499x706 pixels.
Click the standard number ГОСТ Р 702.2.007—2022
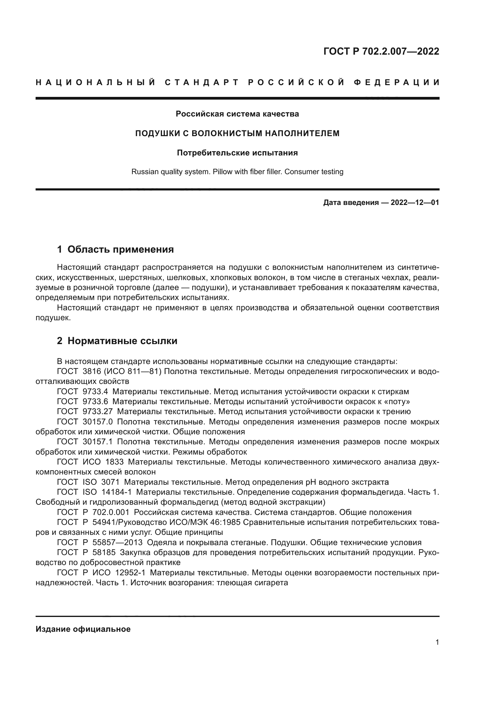381,51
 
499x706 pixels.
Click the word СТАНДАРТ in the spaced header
202,82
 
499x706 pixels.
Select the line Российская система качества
237,114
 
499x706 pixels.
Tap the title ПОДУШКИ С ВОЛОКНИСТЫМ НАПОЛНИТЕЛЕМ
237,133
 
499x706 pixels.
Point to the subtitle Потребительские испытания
237,153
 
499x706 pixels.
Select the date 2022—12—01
415,203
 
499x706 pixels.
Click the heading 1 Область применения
115,249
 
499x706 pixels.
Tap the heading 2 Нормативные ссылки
117,341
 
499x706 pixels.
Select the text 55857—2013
117,542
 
